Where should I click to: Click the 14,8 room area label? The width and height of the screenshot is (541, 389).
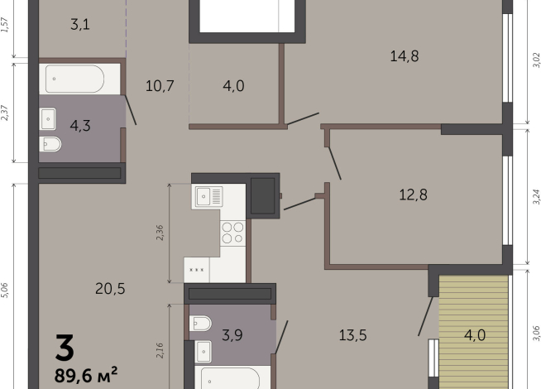point(405,56)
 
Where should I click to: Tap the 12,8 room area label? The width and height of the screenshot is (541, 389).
point(413,194)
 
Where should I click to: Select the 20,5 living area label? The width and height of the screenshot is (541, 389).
point(110,289)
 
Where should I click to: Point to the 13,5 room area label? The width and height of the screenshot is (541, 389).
point(352,335)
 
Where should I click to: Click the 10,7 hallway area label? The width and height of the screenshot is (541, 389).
point(160,85)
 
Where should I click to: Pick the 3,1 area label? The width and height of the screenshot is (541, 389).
point(80,25)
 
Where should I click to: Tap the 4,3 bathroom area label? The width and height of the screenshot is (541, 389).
point(80,126)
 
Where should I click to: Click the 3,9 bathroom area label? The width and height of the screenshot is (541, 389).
point(232,335)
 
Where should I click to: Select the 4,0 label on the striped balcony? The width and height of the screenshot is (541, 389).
point(475,335)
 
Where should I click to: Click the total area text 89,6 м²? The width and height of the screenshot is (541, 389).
point(86,374)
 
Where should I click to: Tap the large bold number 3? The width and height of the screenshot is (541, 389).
point(65,348)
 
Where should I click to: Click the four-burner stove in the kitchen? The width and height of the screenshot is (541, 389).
point(233,233)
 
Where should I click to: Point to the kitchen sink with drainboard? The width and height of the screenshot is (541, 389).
point(209,197)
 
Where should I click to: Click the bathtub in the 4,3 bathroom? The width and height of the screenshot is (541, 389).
point(74,79)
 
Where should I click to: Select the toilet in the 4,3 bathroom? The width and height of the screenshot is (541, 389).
point(50,144)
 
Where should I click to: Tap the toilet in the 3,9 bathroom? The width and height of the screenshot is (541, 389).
point(200,324)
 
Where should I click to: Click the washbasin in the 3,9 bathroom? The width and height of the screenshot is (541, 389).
point(203,352)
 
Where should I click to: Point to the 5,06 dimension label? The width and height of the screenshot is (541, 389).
point(4,290)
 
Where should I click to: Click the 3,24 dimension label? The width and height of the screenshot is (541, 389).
point(536,197)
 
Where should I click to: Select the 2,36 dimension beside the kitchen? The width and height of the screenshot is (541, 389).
point(160,233)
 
